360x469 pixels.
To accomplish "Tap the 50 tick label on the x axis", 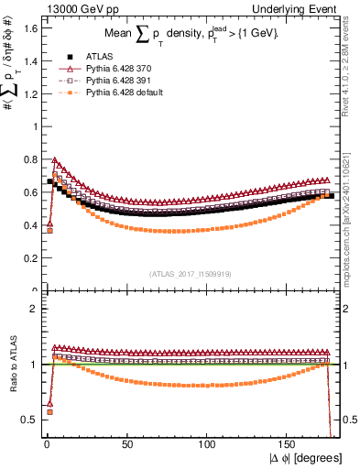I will (126, 444).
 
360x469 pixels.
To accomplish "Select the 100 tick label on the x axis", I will (207, 444).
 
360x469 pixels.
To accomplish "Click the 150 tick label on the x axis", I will (288, 444).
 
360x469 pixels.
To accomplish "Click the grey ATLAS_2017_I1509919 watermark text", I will (189, 272).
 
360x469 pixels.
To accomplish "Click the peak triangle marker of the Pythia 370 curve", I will (54, 159).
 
